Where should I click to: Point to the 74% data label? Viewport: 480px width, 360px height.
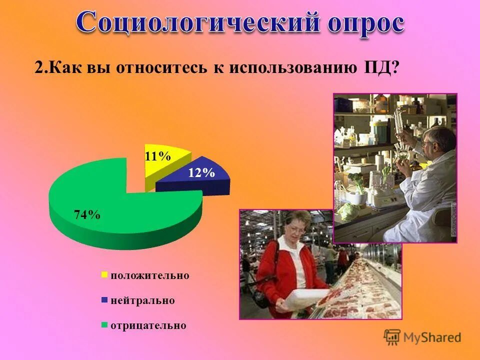click(x=87, y=215)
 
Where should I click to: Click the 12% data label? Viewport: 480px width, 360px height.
click(x=201, y=173)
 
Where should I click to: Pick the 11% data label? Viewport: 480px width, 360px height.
click(x=157, y=156)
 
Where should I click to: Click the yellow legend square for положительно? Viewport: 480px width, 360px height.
click(x=104, y=274)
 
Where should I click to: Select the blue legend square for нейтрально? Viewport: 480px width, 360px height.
click(x=104, y=300)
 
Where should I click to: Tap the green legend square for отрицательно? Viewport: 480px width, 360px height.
click(x=104, y=325)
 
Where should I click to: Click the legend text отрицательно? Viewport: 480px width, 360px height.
click(x=148, y=325)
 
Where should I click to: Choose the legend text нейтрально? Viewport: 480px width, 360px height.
click(x=142, y=300)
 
